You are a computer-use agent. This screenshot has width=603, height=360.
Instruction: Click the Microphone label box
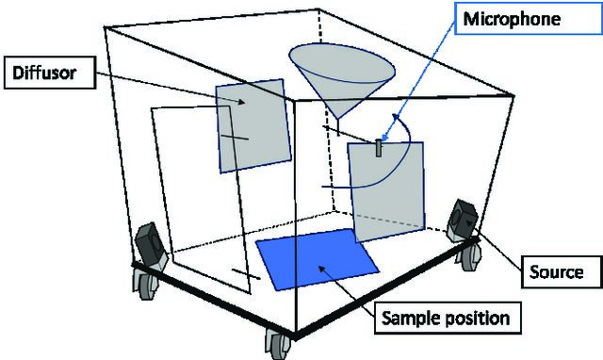(528, 19)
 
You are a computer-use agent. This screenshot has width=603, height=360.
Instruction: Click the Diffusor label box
(50, 73)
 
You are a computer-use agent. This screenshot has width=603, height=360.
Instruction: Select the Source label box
(562, 272)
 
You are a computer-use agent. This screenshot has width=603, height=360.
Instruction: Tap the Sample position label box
(448, 318)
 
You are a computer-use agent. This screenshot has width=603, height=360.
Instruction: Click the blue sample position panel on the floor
(318, 258)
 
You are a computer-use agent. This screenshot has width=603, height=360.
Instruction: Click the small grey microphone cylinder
(379, 148)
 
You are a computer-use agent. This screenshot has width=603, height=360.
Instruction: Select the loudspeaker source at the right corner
(463, 221)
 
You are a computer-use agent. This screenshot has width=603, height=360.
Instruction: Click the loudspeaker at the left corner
(151, 246)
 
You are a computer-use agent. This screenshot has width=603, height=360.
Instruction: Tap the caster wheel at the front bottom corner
(279, 343)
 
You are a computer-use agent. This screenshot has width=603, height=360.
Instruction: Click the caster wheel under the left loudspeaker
(145, 284)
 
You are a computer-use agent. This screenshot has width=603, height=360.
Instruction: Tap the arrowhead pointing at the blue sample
(321, 269)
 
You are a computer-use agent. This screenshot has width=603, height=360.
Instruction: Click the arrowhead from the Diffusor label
(241, 102)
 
